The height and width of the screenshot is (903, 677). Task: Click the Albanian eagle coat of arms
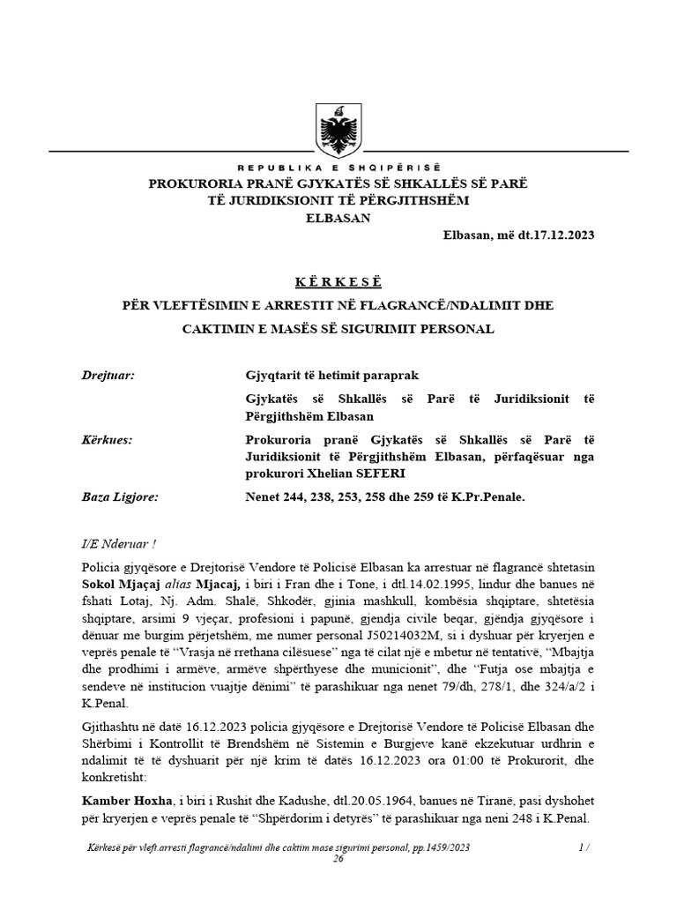coord(338,131)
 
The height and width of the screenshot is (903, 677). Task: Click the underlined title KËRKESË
coord(338,282)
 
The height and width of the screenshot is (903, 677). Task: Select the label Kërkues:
coord(107,439)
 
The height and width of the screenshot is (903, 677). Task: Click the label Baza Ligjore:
coord(118,497)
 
